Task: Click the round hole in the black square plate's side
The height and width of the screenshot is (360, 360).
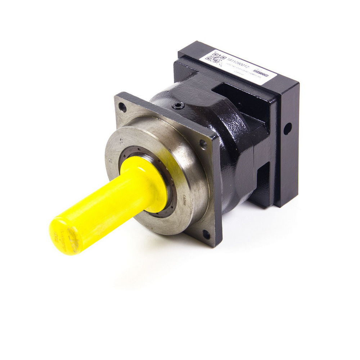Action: tap(287, 129)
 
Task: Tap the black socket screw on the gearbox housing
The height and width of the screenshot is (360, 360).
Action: tap(178, 105)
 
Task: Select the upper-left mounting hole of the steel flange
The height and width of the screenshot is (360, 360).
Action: tap(123, 107)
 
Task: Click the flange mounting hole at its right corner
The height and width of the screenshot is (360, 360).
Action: tap(203, 144)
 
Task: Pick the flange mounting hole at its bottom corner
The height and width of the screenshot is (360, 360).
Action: tap(206, 235)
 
